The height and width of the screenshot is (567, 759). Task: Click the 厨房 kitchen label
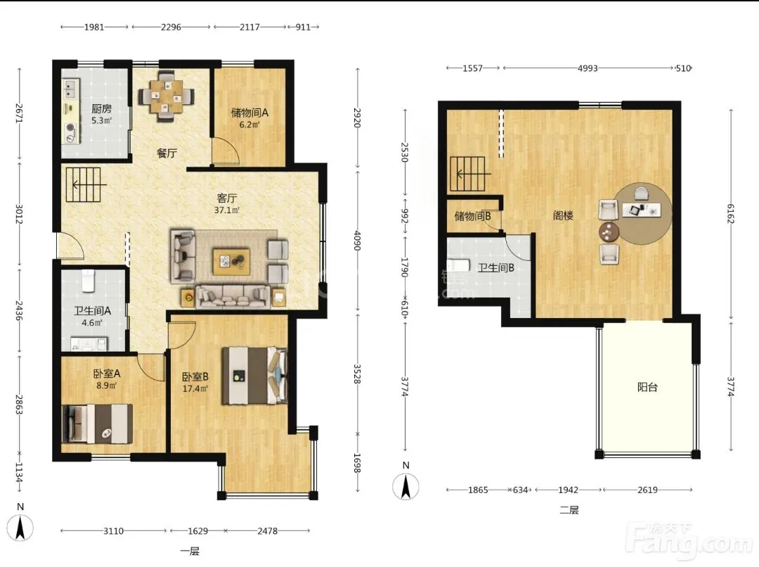(x=102, y=109)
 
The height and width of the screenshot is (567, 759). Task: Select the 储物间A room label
(x=249, y=113)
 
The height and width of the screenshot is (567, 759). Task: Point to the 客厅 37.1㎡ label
(x=227, y=203)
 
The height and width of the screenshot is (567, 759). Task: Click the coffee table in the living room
(x=231, y=261)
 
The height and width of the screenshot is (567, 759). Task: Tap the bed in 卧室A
(x=97, y=424)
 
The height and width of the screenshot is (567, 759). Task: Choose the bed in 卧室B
(x=254, y=376)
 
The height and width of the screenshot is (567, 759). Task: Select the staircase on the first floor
(x=83, y=184)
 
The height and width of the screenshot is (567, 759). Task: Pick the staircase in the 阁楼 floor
(x=467, y=174)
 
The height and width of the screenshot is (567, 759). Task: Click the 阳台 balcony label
(x=647, y=387)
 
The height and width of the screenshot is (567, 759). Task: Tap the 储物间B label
(x=472, y=216)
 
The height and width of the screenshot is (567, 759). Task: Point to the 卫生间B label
(x=495, y=267)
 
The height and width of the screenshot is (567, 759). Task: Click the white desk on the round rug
(x=642, y=210)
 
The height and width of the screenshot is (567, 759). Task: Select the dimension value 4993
(x=587, y=68)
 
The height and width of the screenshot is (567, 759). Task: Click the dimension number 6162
(x=730, y=214)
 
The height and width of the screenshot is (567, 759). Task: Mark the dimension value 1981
(x=94, y=27)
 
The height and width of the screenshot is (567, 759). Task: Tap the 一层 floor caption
(x=190, y=551)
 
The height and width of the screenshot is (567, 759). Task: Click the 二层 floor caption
(x=569, y=510)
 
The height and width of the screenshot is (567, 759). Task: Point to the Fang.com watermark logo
(x=690, y=539)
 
